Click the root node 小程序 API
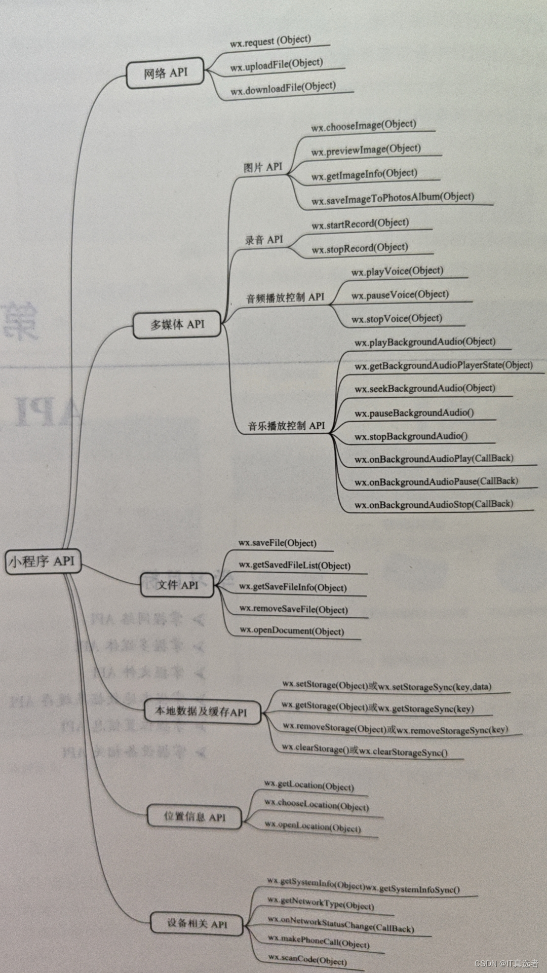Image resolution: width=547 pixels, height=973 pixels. click(43, 562)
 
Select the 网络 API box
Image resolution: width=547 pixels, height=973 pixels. click(165, 73)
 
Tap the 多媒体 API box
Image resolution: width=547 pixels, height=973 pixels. click(177, 324)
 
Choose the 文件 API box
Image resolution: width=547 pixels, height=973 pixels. click(177, 585)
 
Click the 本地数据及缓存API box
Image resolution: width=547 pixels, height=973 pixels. click(201, 712)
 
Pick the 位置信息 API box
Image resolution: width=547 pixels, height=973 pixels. click(194, 816)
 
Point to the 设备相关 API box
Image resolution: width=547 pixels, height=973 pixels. click(197, 923)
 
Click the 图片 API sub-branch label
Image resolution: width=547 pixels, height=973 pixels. click(262, 167)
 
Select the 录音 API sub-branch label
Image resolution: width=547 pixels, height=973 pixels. click(264, 240)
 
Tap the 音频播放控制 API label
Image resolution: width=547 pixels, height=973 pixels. click(285, 297)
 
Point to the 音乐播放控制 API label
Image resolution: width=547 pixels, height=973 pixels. click(286, 426)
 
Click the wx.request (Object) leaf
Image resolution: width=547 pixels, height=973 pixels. click(270, 41)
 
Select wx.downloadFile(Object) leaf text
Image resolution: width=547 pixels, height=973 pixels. click(283, 88)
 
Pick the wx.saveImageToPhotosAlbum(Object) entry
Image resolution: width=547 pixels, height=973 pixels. click(393, 199)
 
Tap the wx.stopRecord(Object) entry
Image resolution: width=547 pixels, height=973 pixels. click(360, 248)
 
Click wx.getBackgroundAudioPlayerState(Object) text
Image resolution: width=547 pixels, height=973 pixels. click(444, 365)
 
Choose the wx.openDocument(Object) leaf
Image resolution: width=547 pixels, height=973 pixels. click(292, 631)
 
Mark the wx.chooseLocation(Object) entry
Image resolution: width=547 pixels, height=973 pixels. click(317, 805)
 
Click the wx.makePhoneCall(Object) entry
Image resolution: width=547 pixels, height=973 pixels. click(319, 942)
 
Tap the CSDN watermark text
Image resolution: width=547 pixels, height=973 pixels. click(506, 963)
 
